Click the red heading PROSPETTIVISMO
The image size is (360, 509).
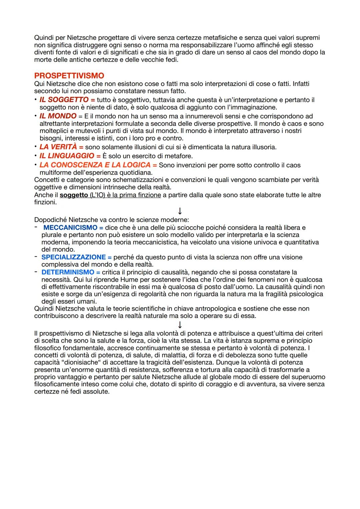(69, 76)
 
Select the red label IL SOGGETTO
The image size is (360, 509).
(64, 100)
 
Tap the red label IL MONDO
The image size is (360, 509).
(58, 116)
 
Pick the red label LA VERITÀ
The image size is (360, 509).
(58, 147)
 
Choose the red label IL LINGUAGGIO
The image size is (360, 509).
(67, 156)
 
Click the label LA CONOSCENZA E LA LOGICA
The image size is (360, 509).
(95, 165)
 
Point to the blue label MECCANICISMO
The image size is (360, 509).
(70, 228)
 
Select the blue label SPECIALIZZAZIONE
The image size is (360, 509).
(73, 257)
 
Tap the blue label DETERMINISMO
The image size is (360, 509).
(68, 272)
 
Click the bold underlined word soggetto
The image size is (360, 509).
(74, 195)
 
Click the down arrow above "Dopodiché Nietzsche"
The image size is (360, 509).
(180, 211)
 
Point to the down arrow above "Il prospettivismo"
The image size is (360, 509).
(180, 325)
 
